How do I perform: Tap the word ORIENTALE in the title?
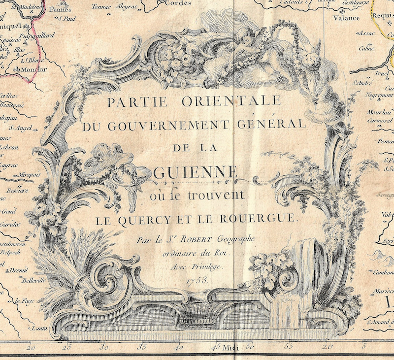pyautogui.click(x=233, y=102)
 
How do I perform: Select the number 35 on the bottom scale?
pyautogui.click(x=143, y=347)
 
